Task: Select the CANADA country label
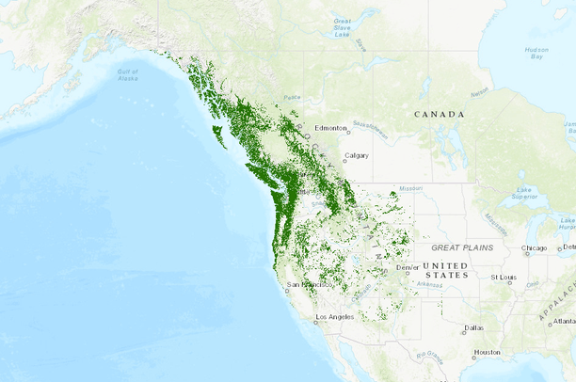pyautogui.click(x=440, y=114)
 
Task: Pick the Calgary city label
pyautogui.click(x=357, y=155)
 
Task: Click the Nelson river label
pyautogui.click(x=479, y=92)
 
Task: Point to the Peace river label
pyautogui.click(x=293, y=97)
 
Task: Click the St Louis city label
pyautogui.click(x=505, y=278)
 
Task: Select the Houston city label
pyautogui.click(x=487, y=352)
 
